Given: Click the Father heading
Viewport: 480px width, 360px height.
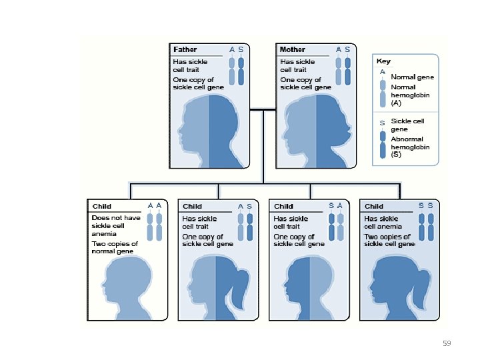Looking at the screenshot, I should [185, 50].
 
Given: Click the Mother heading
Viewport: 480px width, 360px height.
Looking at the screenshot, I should [293, 50].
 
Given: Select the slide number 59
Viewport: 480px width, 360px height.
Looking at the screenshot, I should [447, 343].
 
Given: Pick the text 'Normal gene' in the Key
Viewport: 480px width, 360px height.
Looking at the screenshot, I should [412, 77].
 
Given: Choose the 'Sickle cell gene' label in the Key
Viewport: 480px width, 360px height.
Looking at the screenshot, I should [407, 125].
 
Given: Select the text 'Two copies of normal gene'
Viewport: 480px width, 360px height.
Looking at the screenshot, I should [115, 248].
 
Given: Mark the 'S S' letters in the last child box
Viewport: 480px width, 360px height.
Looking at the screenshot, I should [426, 206].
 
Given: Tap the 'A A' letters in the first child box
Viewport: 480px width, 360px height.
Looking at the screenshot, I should [155, 206].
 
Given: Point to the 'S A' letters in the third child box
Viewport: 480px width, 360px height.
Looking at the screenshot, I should [335, 206].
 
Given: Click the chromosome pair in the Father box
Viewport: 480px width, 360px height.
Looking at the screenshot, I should [236, 71].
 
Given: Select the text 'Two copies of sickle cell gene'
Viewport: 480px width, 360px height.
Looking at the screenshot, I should [389, 241].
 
